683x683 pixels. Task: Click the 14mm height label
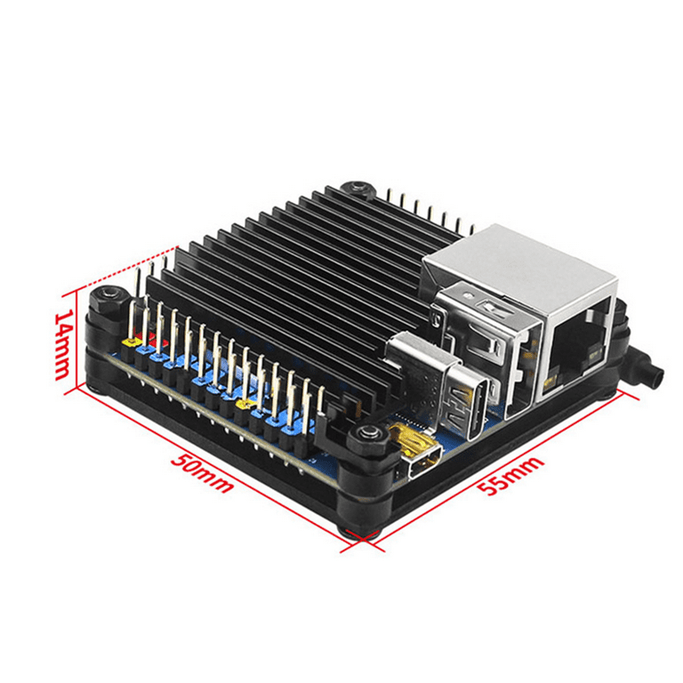[x=62, y=345]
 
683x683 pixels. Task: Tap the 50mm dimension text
[x=201, y=473]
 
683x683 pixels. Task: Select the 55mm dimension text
[x=510, y=475]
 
